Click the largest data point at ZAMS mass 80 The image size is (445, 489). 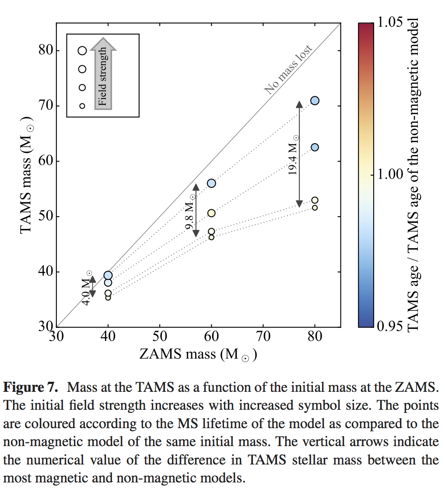point(315,101)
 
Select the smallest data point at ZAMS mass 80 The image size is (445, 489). point(315,208)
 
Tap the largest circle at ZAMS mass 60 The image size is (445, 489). point(211,183)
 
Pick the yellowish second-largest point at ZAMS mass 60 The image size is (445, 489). point(211,213)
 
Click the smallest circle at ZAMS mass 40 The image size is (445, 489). point(108,298)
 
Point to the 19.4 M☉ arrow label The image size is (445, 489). point(294,155)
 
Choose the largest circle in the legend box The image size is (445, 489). point(82,51)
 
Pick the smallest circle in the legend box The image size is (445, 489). point(82,106)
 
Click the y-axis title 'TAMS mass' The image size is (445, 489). point(27,175)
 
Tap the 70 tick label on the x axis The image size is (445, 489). point(263,336)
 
